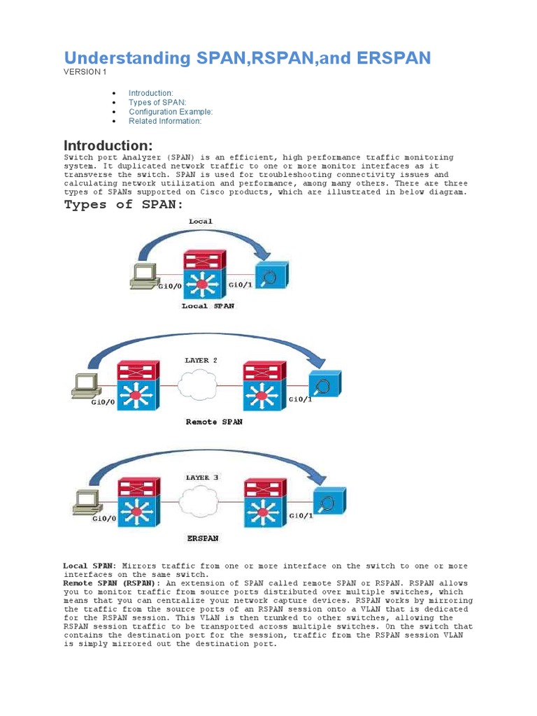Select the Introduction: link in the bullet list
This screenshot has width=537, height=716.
click(x=151, y=93)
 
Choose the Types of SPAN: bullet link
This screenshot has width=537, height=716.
click(x=157, y=102)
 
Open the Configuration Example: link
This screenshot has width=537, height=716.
click(x=171, y=112)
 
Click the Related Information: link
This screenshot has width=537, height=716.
click(x=165, y=121)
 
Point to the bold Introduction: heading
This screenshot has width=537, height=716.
click(x=108, y=145)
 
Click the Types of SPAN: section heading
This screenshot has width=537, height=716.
click(x=124, y=205)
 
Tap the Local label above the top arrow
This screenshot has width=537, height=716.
click(x=201, y=221)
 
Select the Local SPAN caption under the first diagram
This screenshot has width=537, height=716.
click(x=208, y=306)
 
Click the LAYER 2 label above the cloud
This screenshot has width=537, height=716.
click(x=201, y=360)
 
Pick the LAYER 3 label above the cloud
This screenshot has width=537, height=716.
click(x=202, y=478)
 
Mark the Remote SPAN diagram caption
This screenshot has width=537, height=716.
click(x=214, y=422)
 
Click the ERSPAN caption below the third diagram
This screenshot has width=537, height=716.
click(x=203, y=538)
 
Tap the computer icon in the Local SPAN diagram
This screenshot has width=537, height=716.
click(x=145, y=276)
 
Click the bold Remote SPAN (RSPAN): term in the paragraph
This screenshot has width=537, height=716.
click(x=111, y=582)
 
